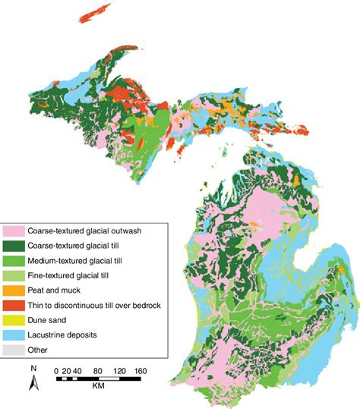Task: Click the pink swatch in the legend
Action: coord(14,230)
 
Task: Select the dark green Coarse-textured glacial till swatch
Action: coord(14,246)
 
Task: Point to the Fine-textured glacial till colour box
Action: coord(14,274)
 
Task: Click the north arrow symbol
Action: coord(33,383)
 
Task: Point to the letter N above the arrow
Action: coord(33,369)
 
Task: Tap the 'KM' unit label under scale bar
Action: coord(98,386)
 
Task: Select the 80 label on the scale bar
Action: coord(98,370)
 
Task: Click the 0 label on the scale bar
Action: coord(57,370)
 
